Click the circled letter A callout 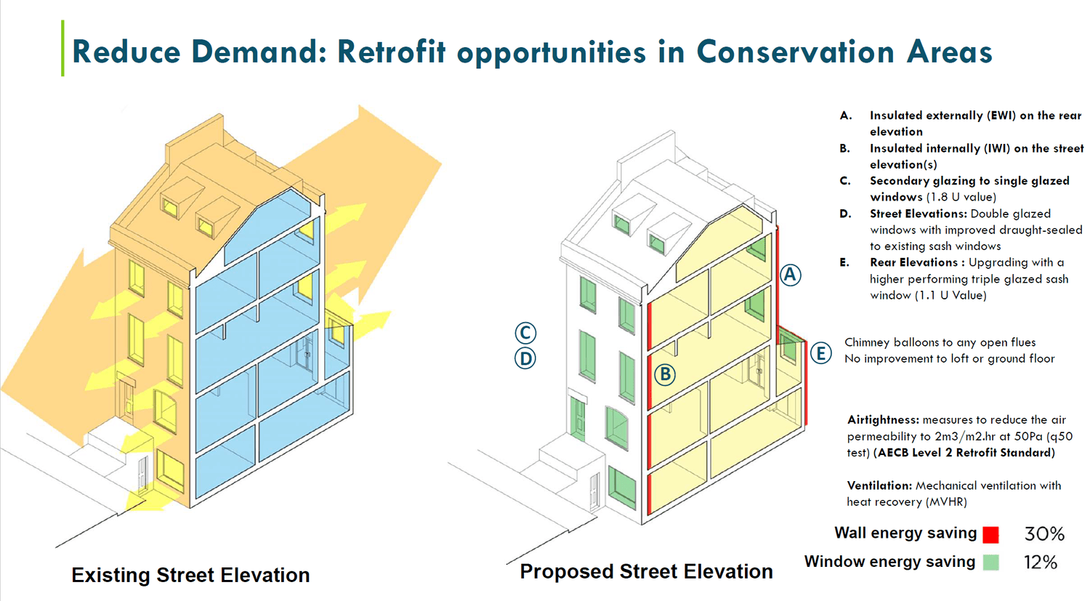click(x=790, y=275)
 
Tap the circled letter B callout click(x=664, y=375)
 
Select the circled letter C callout click(x=525, y=333)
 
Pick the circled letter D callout click(x=525, y=358)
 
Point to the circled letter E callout click(x=821, y=353)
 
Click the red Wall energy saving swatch click(x=990, y=535)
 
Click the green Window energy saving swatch click(x=990, y=562)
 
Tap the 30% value click(x=1044, y=534)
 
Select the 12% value click(x=1040, y=562)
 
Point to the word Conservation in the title click(x=795, y=52)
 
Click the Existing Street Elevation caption click(x=190, y=575)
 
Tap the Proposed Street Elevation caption click(x=646, y=572)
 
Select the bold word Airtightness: click(x=883, y=420)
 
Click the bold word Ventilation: click(x=879, y=485)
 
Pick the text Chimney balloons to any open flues click(x=940, y=342)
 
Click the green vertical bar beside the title click(x=62, y=48)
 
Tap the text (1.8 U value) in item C click(x=961, y=197)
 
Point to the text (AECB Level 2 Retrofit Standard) click(x=964, y=453)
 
